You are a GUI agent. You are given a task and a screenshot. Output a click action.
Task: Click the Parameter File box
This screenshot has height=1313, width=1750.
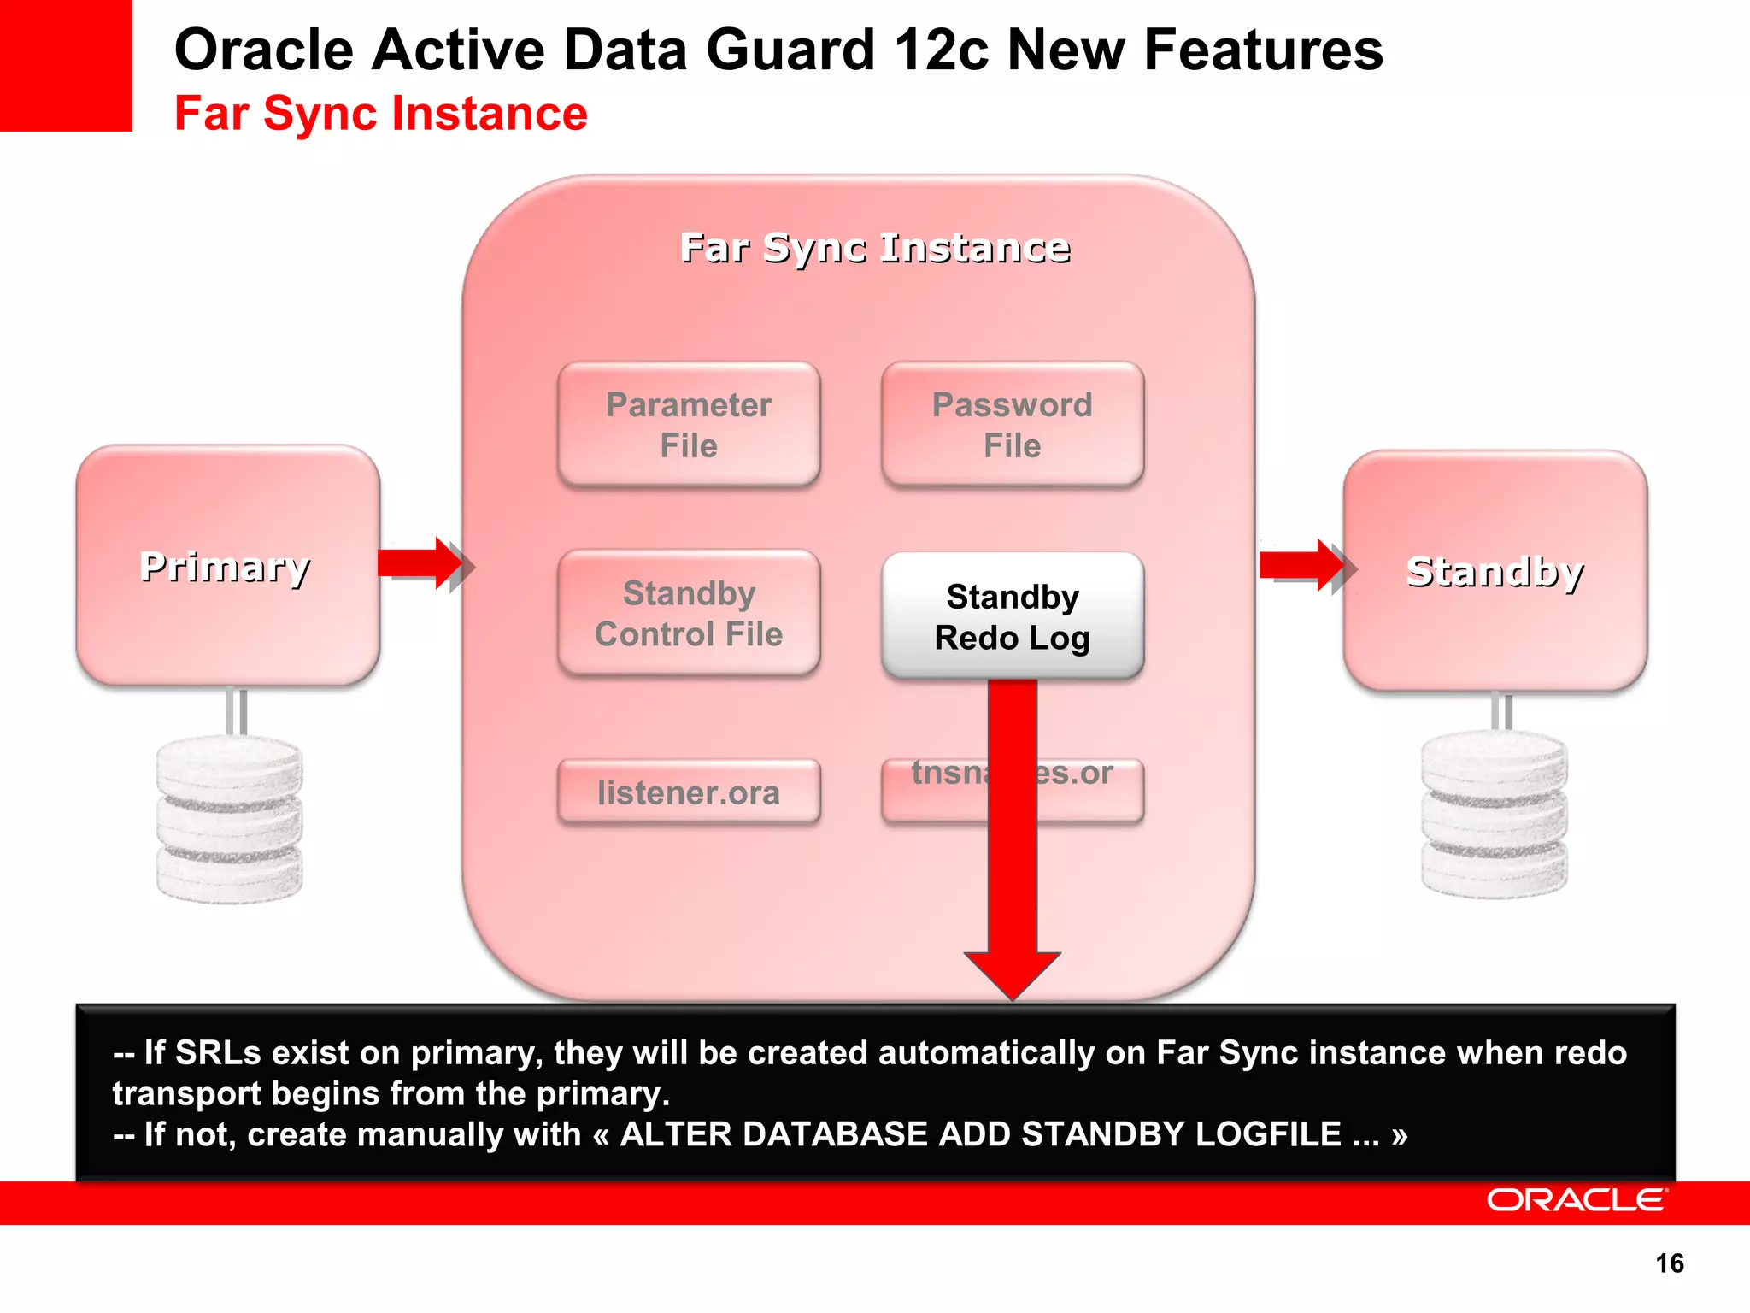click(x=689, y=425)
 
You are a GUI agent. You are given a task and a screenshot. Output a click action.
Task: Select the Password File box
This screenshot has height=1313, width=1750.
click(x=1013, y=425)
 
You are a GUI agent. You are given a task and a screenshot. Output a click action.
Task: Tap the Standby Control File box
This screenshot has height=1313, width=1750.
click(x=689, y=614)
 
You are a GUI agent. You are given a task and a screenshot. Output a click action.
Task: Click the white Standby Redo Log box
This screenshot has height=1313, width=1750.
click(x=1013, y=616)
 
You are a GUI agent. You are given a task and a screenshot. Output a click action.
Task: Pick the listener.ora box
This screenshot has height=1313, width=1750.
click(x=689, y=792)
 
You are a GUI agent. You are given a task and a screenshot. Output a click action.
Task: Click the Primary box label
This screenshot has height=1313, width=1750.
click(x=226, y=567)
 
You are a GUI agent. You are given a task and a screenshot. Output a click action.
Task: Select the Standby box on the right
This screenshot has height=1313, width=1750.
click(x=1495, y=571)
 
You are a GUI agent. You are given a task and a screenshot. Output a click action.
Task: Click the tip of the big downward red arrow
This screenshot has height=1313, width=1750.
click(x=1013, y=992)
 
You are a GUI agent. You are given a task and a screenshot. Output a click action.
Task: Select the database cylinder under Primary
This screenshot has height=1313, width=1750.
click(x=229, y=819)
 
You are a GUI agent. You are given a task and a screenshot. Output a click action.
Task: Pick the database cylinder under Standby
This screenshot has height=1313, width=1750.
click(x=1495, y=814)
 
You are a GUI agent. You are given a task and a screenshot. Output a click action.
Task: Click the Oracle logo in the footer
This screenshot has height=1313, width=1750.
click(x=1577, y=1200)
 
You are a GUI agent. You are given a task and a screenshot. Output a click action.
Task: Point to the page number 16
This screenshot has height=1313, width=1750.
click(x=1669, y=1263)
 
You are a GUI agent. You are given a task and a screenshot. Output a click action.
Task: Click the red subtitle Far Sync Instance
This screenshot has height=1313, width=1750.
click(x=380, y=114)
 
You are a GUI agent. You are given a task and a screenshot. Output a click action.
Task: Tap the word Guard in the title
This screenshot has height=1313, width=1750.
click(x=790, y=50)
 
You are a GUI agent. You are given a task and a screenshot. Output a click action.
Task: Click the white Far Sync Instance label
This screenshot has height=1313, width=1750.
click(x=875, y=248)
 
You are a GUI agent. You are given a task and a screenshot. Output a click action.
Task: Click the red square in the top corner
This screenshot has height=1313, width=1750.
click(x=66, y=65)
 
